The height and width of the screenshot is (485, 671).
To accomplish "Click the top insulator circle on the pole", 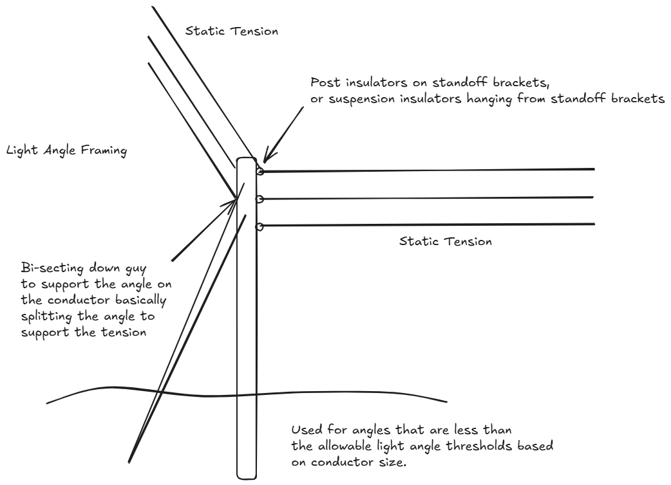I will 260,171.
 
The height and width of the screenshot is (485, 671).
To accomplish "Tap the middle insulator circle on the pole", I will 260,199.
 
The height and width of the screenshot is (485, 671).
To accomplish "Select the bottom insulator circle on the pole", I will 260,226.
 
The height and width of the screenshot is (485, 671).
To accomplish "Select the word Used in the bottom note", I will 304,429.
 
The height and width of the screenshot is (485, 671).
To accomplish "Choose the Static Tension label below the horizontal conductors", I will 445,243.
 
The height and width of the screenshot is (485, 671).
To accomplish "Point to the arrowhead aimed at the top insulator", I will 265,158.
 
